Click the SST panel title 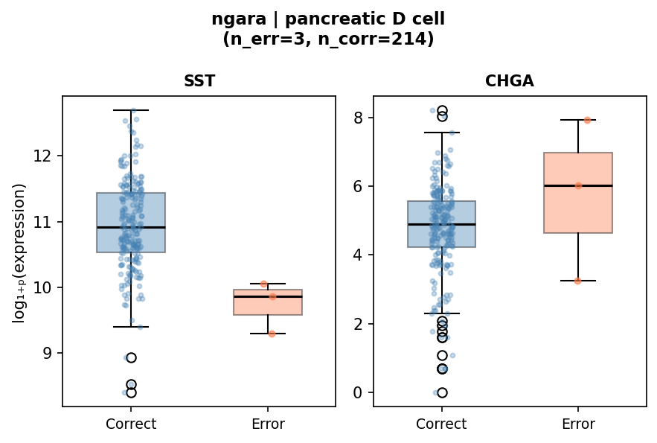pyautogui.click(x=199, y=81)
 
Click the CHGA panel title pyautogui.click(x=509, y=81)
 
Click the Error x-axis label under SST pyautogui.click(x=267, y=424)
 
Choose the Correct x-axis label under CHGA pyautogui.click(x=441, y=424)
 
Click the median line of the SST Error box pyautogui.click(x=267, y=296)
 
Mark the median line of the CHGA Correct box pyautogui.click(x=441, y=224)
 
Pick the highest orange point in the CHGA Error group pyautogui.click(x=587, y=120)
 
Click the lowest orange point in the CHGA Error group pyautogui.click(x=577, y=281)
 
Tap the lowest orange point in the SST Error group pyautogui.click(x=272, y=334)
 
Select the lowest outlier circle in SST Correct pyautogui.click(x=131, y=392)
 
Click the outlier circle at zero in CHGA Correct pyautogui.click(x=442, y=392)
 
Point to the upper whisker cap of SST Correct pyautogui.click(x=131, y=110)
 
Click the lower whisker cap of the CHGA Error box pyautogui.click(x=578, y=281)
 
